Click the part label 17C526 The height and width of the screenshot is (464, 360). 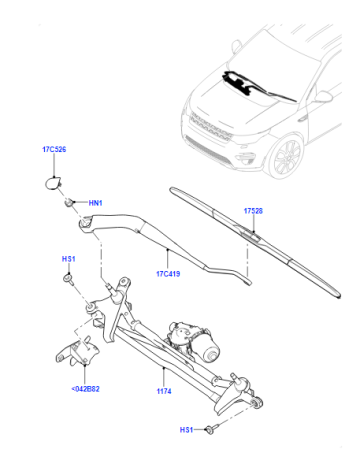[54, 149]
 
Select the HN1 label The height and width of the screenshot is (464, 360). [95, 203]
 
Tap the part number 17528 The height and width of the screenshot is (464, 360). [253, 211]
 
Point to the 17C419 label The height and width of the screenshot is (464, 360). [168, 274]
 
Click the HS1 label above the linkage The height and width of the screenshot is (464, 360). [69, 259]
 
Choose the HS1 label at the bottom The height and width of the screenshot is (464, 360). [187, 430]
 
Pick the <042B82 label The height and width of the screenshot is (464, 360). [85, 389]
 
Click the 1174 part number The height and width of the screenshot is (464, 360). [164, 391]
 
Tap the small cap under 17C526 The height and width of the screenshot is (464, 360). [53, 183]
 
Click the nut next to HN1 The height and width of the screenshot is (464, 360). [69, 202]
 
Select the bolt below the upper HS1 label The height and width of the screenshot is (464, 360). [69, 279]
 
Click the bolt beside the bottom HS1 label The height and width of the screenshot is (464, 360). [211, 429]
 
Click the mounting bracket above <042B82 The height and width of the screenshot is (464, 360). [78, 353]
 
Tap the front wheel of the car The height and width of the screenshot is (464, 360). [284, 157]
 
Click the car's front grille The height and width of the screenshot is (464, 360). [211, 127]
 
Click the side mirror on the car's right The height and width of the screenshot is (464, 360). [323, 96]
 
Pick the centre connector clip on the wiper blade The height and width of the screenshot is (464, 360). [250, 233]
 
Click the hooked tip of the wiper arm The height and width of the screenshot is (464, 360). [247, 281]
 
